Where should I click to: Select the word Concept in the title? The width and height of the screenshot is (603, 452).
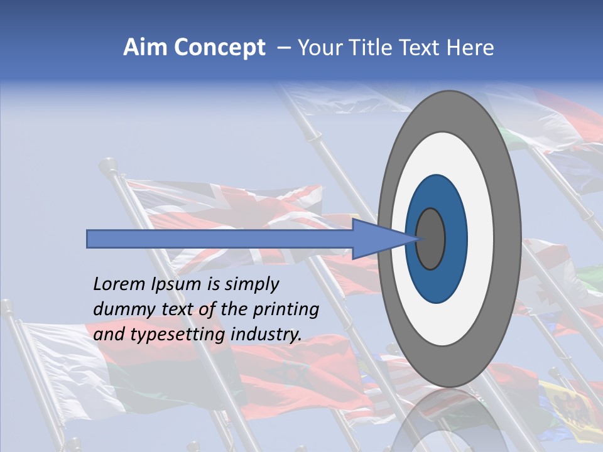point(219,48)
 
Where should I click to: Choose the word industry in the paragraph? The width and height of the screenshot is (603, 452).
point(266,335)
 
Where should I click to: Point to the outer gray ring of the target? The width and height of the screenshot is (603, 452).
point(510,239)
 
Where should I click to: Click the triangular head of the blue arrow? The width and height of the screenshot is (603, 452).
point(377,239)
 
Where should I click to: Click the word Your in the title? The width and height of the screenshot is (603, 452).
point(317,48)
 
